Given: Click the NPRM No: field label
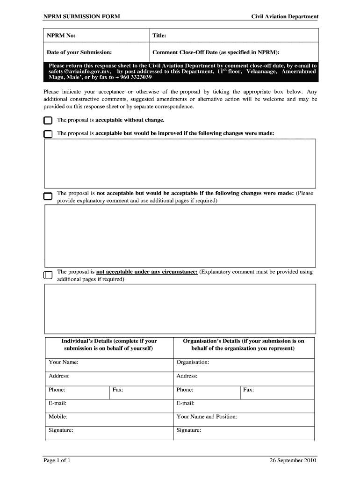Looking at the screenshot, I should tap(61, 36).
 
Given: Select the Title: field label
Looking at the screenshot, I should tap(159, 36).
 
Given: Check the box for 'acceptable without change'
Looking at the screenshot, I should tap(48, 121).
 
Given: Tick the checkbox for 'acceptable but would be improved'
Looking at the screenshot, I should tap(48, 134).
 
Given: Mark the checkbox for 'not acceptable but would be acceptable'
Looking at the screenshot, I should tap(48, 196).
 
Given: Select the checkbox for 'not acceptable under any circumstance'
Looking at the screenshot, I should tap(48, 275).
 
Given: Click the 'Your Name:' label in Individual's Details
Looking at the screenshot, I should tap(63, 362).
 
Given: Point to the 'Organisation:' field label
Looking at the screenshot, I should tap(193, 362).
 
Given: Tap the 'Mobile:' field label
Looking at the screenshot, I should tap(58, 416).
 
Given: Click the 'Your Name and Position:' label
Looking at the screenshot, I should tap(207, 416).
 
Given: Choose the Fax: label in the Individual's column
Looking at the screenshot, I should tap(118, 390).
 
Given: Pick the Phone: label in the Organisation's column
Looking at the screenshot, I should tap(185, 390).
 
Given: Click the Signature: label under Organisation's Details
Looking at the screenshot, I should tap(189, 430).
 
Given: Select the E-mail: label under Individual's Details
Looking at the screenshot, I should tap(58, 403).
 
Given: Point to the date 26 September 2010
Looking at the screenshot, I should tap(293, 460).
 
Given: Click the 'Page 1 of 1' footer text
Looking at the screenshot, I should tap(57, 460).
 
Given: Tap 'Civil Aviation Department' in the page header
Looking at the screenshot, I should tap(285, 16).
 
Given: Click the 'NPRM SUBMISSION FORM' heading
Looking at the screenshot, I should tap(82, 16).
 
